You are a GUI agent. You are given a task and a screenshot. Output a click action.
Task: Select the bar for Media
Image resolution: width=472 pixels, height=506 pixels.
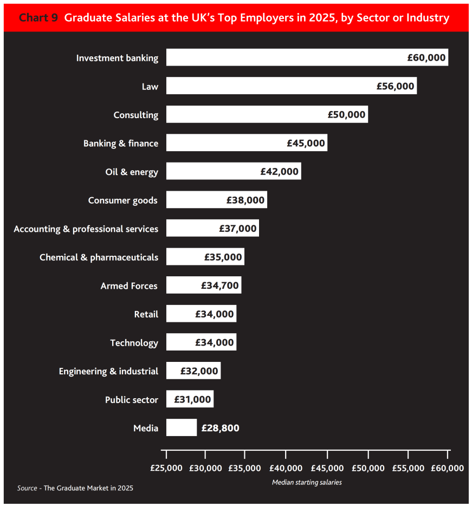point(181,427)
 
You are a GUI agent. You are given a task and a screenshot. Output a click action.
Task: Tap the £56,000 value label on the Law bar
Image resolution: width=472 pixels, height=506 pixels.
point(396,86)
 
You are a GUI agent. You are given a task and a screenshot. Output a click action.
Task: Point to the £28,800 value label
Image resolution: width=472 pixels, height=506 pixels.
point(220,428)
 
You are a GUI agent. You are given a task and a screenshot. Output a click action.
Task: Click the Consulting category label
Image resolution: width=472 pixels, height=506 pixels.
point(135,115)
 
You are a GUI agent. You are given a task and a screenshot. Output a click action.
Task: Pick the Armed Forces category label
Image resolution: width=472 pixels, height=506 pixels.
point(129,286)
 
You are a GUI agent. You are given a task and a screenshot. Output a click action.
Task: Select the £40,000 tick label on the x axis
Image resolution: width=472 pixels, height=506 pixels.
point(286,468)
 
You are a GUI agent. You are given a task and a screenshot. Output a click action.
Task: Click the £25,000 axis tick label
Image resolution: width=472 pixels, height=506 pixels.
point(166,468)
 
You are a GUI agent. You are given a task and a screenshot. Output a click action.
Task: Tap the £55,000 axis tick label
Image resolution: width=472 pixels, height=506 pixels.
point(408,468)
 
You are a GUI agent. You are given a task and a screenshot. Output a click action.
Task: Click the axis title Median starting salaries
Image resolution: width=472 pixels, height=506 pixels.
point(307,482)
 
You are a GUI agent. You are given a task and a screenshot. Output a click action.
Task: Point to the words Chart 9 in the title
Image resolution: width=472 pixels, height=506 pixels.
point(38,18)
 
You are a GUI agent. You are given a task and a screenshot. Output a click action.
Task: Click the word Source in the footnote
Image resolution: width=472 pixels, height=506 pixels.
point(27,488)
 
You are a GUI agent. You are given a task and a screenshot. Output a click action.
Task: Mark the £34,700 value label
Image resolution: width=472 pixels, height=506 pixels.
point(220,286)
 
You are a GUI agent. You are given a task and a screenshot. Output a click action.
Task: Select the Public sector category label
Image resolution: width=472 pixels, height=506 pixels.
point(132,400)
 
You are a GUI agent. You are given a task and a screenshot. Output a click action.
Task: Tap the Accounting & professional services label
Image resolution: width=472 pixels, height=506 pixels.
point(86,229)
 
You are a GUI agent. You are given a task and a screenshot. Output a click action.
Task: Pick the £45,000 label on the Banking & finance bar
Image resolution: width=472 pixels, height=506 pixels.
point(306,143)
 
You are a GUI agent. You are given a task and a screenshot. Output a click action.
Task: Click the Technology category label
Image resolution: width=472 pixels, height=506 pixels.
point(134,342)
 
